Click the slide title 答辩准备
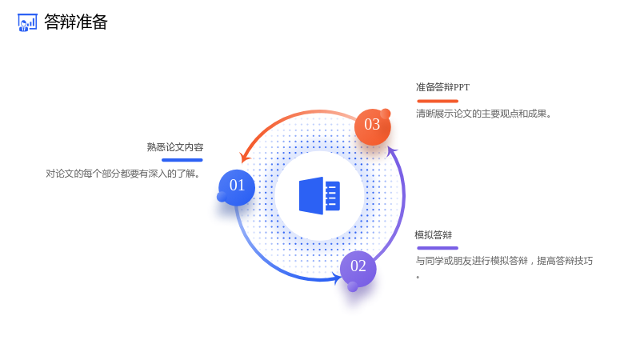click(x=75, y=22)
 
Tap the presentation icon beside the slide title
click(x=27, y=22)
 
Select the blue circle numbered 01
click(x=237, y=187)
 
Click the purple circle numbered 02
click(x=358, y=269)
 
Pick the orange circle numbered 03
click(x=372, y=127)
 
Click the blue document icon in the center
click(x=319, y=195)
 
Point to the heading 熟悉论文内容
click(x=175, y=147)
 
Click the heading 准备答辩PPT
click(x=443, y=87)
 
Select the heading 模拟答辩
click(x=434, y=235)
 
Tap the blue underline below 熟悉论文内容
click(x=182, y=160)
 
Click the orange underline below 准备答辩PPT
click(x=438, y=101)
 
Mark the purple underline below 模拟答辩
click(x=438, y=248)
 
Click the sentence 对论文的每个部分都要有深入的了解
click(x=122, y=174)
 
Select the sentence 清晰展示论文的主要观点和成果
click(x=484, y=114)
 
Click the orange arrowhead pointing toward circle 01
click(x=244, y=158)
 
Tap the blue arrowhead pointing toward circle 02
click(x=338, y=278)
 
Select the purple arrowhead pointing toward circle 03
click(x=392, y=151)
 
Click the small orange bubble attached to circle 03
click(x=386, y=114)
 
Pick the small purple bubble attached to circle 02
click(x=353, y=287)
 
